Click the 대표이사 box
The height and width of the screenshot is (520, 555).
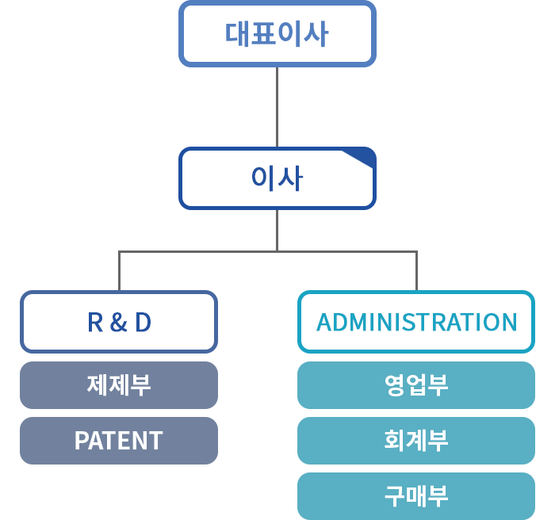click(277, 33)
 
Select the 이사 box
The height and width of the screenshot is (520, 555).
click(277, 178)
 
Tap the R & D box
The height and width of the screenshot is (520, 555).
click(119, 322)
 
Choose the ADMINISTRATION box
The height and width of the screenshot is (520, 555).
click(416, 322)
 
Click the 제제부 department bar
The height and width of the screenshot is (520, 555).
click(119, 385)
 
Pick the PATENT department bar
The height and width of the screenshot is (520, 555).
click(119, 441)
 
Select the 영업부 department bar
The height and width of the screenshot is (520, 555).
click(416, 385)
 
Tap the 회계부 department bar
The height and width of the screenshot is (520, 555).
click(416, 441)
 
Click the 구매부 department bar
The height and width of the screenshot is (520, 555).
click(416, 496)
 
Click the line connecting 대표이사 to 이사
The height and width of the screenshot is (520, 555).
click(277, 107)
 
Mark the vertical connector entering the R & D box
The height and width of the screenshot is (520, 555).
click(119, 271)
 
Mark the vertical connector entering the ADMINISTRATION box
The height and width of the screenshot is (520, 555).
click(416, 271)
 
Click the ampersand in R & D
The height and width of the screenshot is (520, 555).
click(118, 322)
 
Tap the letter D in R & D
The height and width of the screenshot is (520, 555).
click(143, 322)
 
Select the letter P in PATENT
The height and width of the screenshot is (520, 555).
click(81, 441)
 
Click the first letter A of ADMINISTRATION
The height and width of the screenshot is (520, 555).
click(324, 322)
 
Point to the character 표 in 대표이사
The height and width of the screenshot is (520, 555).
click(264, 33)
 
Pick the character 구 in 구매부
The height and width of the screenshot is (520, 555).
click(395, 496)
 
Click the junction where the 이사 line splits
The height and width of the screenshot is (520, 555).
click(277, 252)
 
